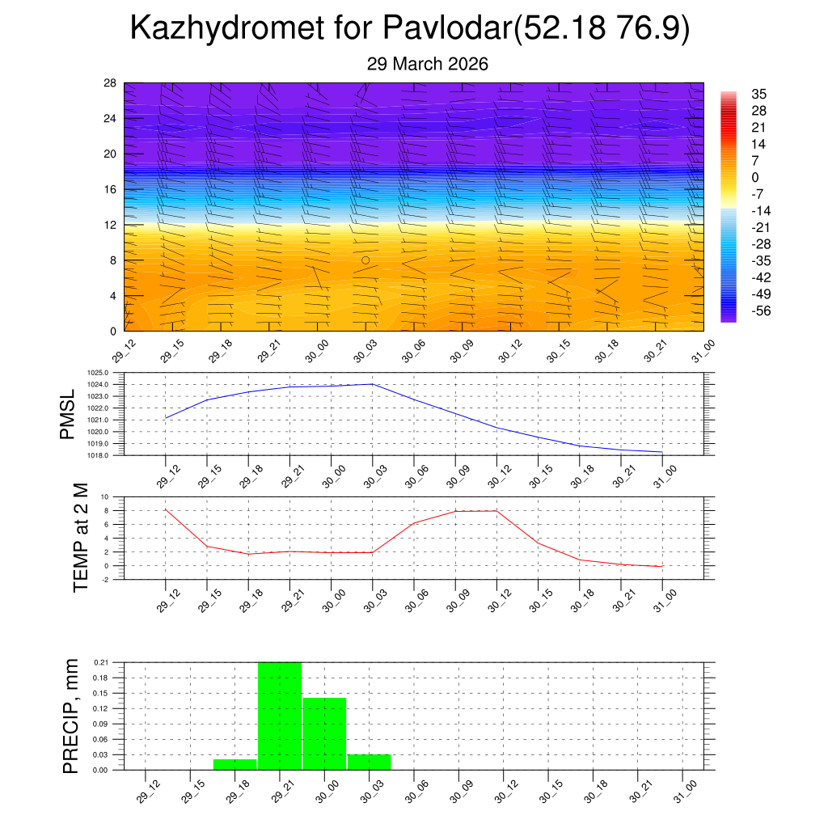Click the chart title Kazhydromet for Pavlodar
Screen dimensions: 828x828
click(409, 29)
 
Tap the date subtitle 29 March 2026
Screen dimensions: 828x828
click(427, 64)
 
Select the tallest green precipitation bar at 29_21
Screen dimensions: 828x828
click(280, 716)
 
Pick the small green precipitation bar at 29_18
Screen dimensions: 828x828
click(235, 764)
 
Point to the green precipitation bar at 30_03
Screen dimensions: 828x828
click(370, 762)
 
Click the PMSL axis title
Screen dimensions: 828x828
click(70, 414)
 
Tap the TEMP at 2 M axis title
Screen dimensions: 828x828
click(80, 538)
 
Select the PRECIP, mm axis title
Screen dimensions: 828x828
click(72, 716)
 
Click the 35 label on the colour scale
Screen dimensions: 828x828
click(758, 94)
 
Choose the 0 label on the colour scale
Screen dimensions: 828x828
click(755, 177)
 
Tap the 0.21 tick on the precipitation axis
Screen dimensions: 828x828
click(100, 662)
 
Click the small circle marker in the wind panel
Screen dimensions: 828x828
click(365, 260)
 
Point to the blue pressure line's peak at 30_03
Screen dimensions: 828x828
click(372, 384)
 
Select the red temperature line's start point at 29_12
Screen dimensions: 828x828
click(166, 509)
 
